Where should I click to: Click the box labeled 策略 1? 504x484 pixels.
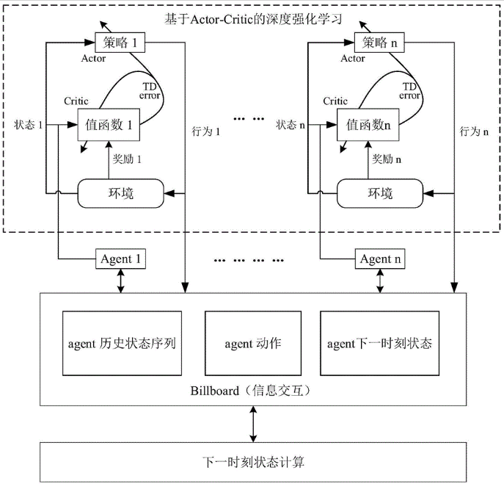coord(120,43)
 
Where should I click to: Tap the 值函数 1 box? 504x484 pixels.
coord(109,125)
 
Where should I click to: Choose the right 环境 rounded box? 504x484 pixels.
coord(379,194)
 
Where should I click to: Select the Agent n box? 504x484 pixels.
coord(379,259)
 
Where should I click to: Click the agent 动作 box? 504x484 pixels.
coord(252,343)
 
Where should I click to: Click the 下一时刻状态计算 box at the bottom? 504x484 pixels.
coord(252,462)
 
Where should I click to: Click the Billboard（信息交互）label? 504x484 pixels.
coord(252,391)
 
